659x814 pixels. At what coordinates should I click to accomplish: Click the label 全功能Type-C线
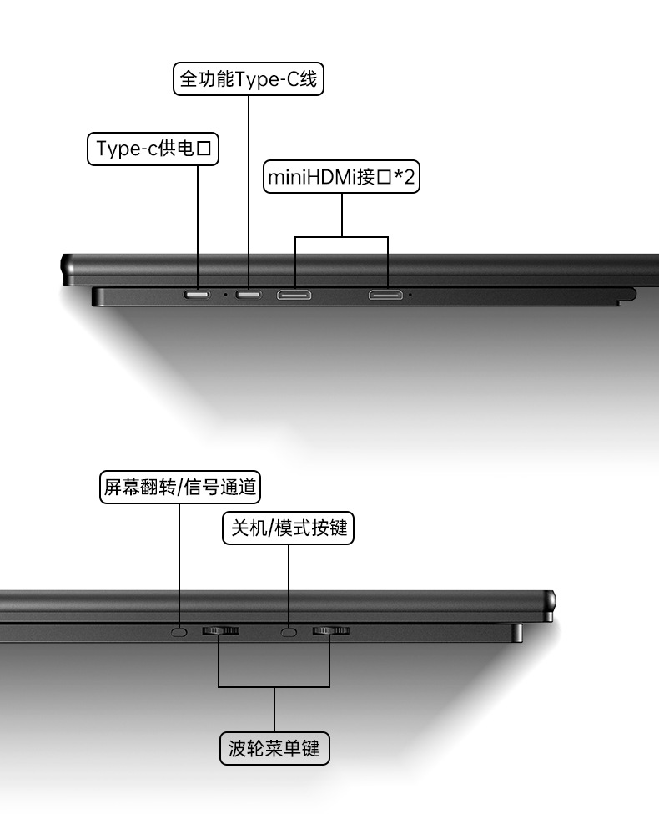pyautogui.click(x=249, y=79)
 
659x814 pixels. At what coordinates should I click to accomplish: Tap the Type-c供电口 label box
pyautogui.click(x=153, y=149)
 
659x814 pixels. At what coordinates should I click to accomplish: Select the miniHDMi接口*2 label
pyautogui.click(x=341, y=177)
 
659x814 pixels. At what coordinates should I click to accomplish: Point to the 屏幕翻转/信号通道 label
pyautogui.click(x=179, y=487)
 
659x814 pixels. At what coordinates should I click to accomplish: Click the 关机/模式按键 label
pyautogui.click(x=288, y=528)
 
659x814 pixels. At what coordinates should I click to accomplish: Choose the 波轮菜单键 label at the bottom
pyautogui.click(x=274, y=747)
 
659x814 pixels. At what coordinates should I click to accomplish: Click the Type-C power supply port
pyautogui.click(x=198, y=295)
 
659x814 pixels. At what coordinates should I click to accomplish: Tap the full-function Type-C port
pyautogui.click(x=248, y=295)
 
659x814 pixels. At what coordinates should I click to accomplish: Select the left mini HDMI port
pyautogui.click(x=294, y=295)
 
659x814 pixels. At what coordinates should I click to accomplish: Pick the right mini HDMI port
pyautogui.click(x=387, y=295)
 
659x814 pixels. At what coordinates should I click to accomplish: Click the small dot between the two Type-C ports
pyautogui.click(x=224, y=295)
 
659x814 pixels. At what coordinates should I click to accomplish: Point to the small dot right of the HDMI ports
pyautogui.click(x=410, y=295)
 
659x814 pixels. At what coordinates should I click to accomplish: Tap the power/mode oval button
pyautogui.click(x=289, y=632)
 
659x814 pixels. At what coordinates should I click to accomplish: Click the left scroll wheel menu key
pyautogui.click(x=220, y=631)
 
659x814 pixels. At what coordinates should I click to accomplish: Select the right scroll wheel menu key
pyautogui.click(x=330, y=631)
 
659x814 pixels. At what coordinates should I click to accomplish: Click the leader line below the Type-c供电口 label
pyautogui.click(x=198, y=225)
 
